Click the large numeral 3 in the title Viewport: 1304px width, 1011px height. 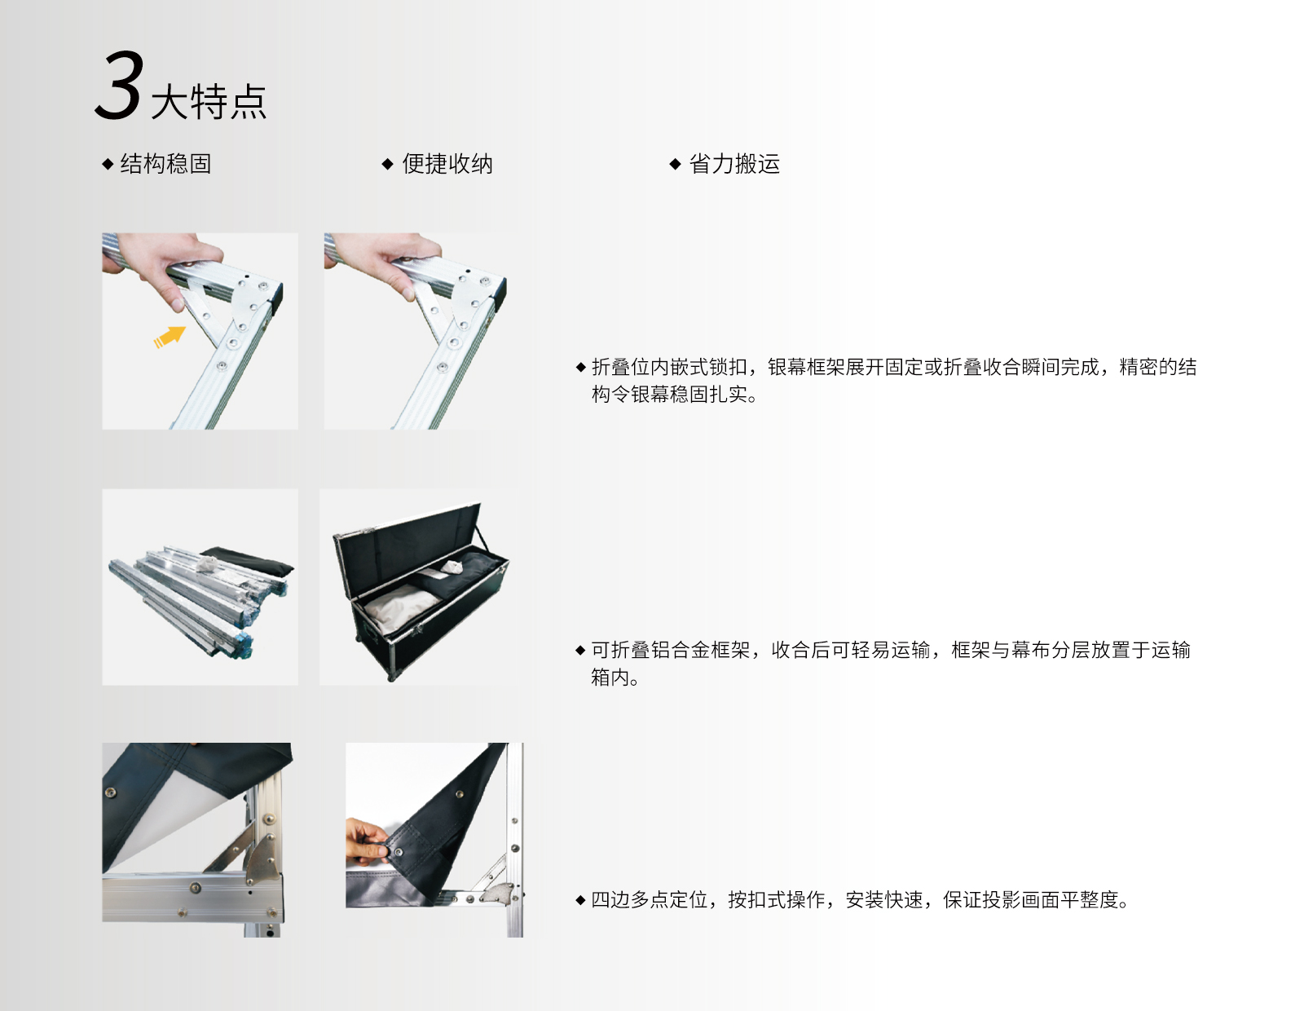click(x=119, y=85)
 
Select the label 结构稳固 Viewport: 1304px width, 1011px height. click(x=165, y=163)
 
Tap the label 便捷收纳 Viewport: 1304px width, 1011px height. click(x=447, y=163)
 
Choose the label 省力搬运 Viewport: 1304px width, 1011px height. click(x=734, y=163)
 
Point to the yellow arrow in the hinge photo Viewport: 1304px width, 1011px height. click(x=170, y=338)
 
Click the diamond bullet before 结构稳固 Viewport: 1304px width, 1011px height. click(x=108, y=164)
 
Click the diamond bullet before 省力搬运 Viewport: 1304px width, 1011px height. click(x=675, y=164)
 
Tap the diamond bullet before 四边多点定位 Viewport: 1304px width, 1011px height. click(x=580, y=900)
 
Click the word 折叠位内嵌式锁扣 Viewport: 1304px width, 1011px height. click(x=670, y=367)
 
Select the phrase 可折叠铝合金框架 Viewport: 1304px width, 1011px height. click(x=670, y=650)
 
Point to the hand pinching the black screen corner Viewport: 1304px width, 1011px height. click(x=368, y=841)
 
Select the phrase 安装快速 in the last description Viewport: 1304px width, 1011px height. click(x=884, y=900)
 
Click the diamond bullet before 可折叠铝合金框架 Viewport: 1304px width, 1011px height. click(x=580, y=650)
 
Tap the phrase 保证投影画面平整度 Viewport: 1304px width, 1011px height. click(x=1031, y=900)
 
